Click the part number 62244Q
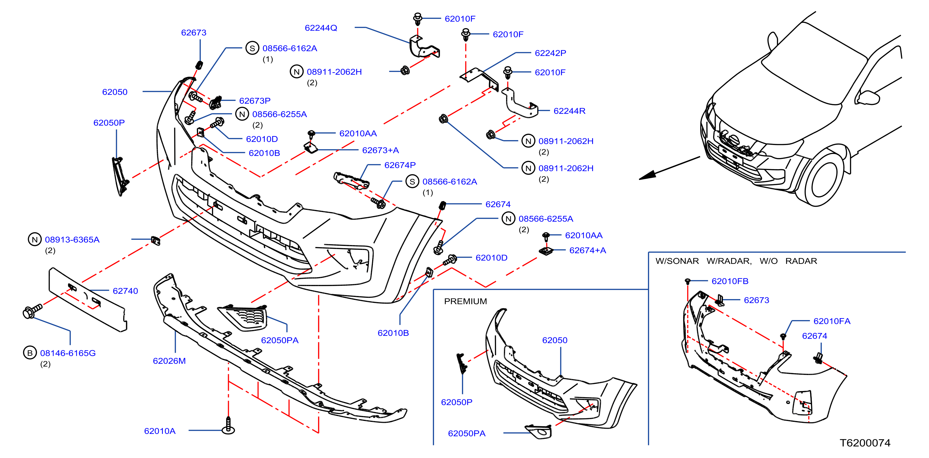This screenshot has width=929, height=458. [321, 28]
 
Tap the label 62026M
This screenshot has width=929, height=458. [169, 361]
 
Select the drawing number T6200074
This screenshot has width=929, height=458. [865, 443]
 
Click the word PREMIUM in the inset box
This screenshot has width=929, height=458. [465, 301]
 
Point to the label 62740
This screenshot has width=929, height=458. [125, 291]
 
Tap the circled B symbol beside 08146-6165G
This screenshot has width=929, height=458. [30, 353]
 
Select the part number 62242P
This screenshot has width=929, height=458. [550, 53]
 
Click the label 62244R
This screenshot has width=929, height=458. [570, 111]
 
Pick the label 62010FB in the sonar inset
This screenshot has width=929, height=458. [730, 281]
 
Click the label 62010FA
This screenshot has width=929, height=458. [832, 321]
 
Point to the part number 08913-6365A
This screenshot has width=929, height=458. [72, 239]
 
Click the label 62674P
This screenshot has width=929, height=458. [400, 165]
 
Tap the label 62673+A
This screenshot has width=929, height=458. [380, 150]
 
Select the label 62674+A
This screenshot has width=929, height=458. [587, 250]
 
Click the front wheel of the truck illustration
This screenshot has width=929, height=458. [824, 178]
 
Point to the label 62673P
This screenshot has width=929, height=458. [255, 101]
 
